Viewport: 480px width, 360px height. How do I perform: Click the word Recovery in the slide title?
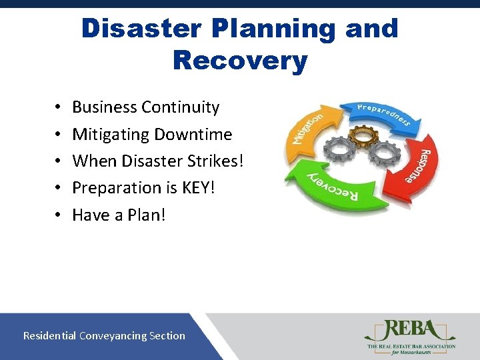(240, 60)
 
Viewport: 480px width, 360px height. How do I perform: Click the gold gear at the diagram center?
(363, 135)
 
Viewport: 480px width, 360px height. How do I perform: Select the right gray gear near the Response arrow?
(385, 153)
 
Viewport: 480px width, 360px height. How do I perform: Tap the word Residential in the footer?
(50, 336)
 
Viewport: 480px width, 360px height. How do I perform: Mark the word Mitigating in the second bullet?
(110, 134)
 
